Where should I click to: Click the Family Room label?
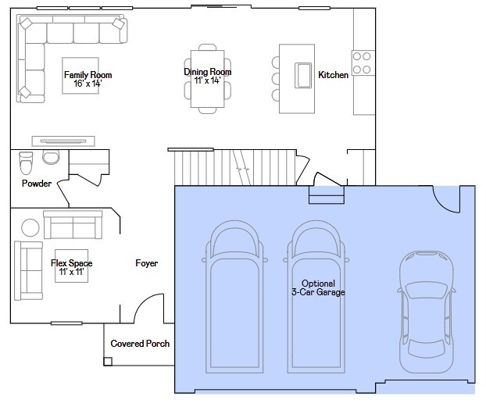point(88,75)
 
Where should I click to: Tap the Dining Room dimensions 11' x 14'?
point(207,80)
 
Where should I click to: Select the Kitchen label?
point(333,75)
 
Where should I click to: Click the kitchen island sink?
point(303,75)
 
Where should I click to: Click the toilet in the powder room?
point(26,163)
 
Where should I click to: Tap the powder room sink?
point(51,157)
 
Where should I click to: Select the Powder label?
point(37,184)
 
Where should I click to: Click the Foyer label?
point(147,263)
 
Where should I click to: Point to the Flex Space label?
point(72,263)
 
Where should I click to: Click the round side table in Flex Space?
point(30,227)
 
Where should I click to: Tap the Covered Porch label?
point(140,344)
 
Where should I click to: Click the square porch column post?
point(108,362)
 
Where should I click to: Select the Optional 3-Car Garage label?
point(318,288)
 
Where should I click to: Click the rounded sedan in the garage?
point(427,312)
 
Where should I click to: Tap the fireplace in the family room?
point(63,141)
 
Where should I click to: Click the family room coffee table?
point(80,76)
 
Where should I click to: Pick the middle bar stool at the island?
point(275,79)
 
